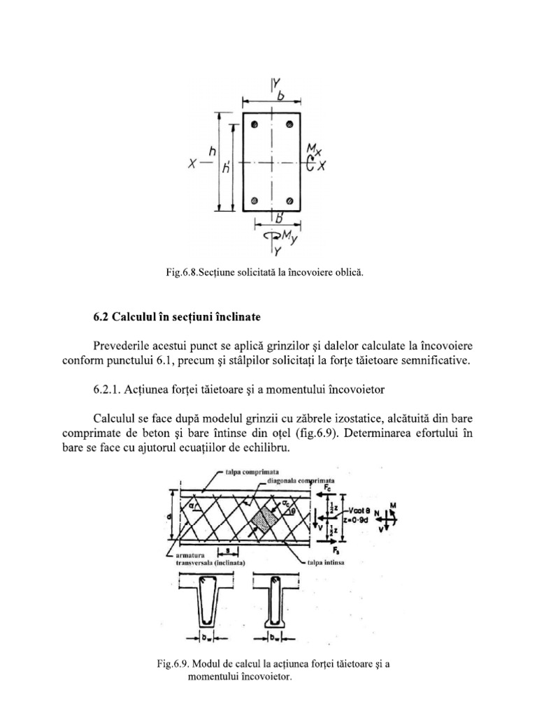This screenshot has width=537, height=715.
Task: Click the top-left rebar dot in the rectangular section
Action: (257, 126)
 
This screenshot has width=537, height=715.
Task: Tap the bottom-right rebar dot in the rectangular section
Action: (289, 200)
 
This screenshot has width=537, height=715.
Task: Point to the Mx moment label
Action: (316, 149)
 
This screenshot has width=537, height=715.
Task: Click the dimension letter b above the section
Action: (283, 101)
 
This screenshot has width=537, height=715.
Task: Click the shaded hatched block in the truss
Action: (263, 520)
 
